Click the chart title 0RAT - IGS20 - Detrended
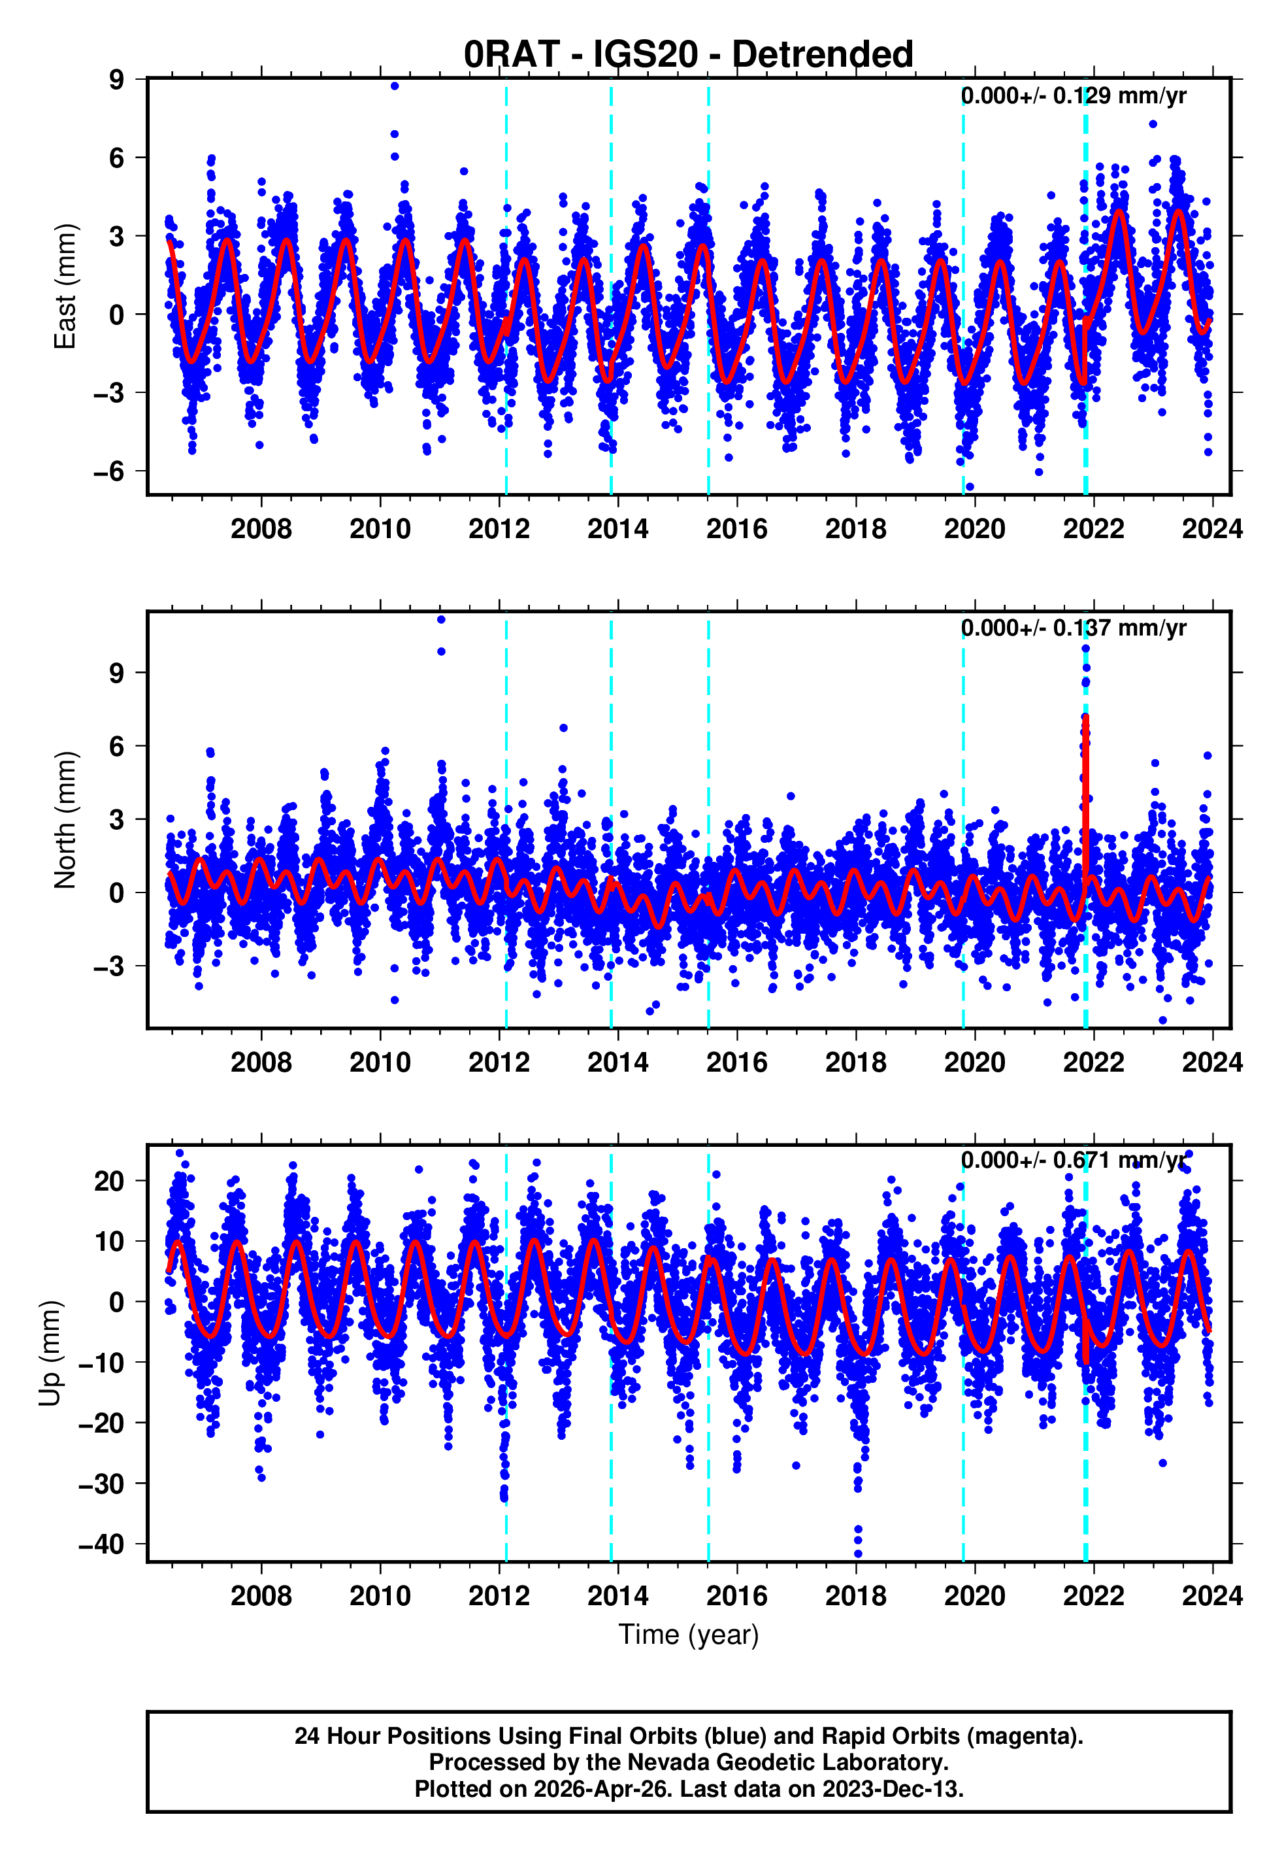pyautogui.click(x=689, y=55)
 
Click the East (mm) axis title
pyautogui.click(x=64, y=286)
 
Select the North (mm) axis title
pyautogui.click(x=64, y=820)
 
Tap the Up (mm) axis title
pyautogui.click(x=50, y=1352)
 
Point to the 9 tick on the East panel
pyautogui.click(x=117, y=80)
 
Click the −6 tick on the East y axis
pyautogui.click(x=109, y=471)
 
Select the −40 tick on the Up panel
pyautogui.click(x=102, y=1544)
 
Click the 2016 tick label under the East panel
pyautogui.click(x=736, y=529)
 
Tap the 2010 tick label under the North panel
pyautogui.click(x=380, y=1062)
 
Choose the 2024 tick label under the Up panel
pyautogui.click(x=1211, y=1596)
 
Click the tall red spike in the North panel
pyautogui.click(x=1085, y=772)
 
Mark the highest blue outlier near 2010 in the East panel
pyautogui.click(x=395, y=86)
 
